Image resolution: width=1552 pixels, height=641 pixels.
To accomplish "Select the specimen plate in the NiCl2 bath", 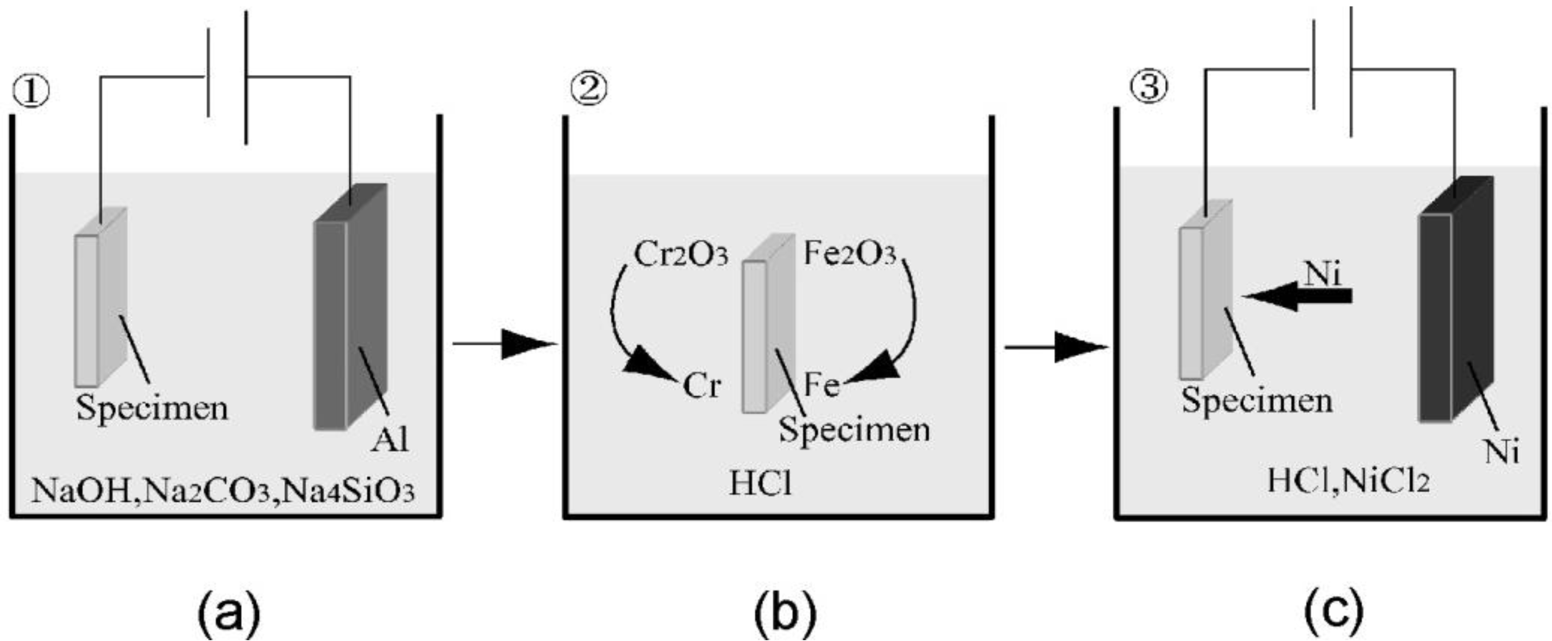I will [1203, 295].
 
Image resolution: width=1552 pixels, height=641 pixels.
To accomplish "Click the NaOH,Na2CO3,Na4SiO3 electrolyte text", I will [223, 491].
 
